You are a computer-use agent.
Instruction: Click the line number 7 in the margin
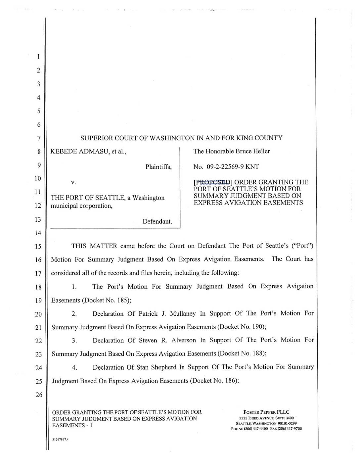click(39, 138)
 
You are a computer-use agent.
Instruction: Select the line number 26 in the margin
click(39, 395)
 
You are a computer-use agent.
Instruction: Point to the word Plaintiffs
click(158, 167)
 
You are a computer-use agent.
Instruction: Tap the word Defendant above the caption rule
click(157, 221)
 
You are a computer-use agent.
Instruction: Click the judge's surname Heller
click(262, 151)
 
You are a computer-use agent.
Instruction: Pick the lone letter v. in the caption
click(73, 182)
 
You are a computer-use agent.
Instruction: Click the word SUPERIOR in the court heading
click(96, 138)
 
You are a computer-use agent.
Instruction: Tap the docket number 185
click(120, 300)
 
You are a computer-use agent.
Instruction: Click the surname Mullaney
click(182, 313)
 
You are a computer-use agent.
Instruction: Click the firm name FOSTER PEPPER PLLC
click(266, 412)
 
